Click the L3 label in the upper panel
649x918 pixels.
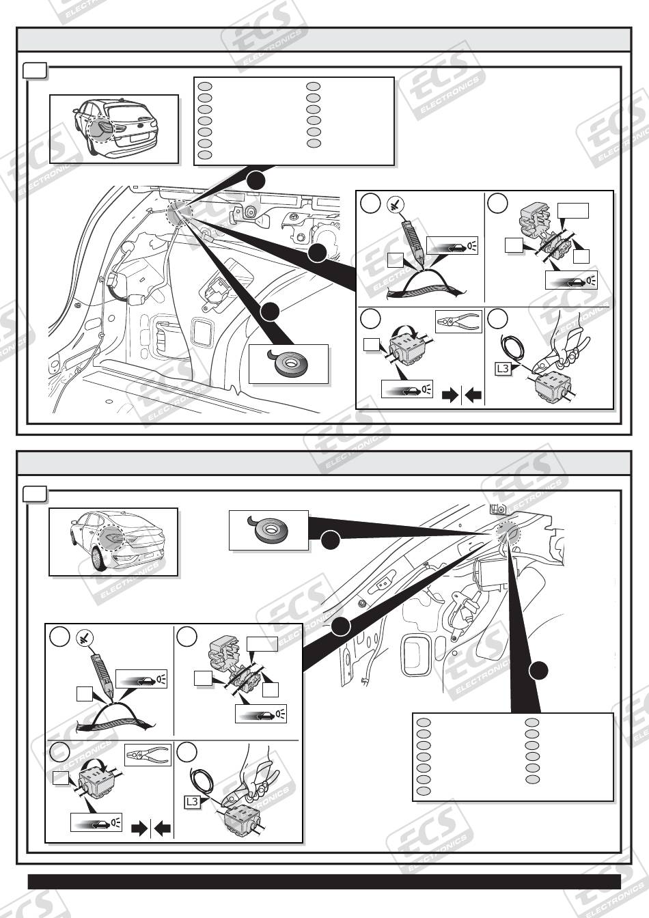click(x=502, y=368)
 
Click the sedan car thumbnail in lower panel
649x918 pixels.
click(x=113, y=542)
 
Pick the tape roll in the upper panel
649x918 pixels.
click(x=288, y=363)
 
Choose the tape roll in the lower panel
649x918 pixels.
click(x=269, y=529)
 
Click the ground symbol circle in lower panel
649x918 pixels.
click(x=84, y=638)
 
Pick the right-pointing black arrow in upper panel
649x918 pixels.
click(x=450, y=395)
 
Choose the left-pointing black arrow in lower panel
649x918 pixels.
click(x=163, y=829)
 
